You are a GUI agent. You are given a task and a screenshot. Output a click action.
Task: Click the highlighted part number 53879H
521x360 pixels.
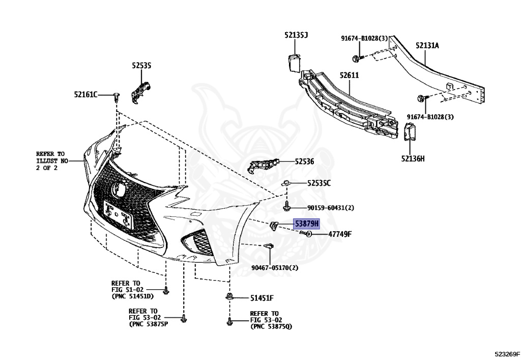[306, 224]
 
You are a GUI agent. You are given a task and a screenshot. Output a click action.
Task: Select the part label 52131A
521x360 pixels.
[427, 45]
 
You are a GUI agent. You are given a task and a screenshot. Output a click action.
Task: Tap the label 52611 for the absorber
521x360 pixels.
[350, 75]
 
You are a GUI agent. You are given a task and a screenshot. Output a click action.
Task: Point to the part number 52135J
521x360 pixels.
[296, 35]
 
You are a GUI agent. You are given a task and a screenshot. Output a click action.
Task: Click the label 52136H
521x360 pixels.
[412, 158]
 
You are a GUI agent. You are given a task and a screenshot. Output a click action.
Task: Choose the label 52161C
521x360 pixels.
[85, 94]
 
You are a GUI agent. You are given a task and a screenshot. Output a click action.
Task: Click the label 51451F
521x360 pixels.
[262, 298]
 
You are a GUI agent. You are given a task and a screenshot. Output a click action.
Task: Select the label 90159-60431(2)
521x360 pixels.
[330, 208]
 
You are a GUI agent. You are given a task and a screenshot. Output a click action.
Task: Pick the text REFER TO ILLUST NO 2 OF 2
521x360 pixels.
[51, 160]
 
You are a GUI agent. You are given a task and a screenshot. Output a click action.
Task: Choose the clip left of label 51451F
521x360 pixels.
[229, 297]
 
